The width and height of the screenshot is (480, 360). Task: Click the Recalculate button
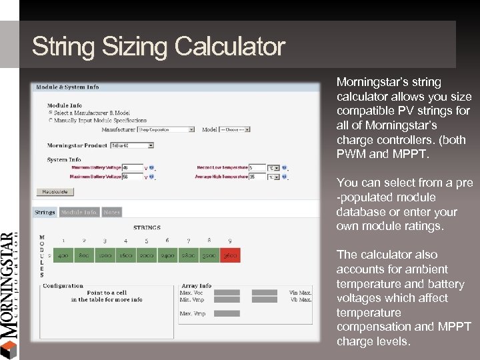click(55, 192)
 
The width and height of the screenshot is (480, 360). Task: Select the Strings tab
click(45, 213)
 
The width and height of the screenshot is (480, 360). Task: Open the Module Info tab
click(79, 213)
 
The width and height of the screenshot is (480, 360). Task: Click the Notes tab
click(112, 213)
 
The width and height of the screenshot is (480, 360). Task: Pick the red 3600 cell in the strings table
click(229, 255)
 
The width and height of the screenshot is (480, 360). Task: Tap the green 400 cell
click(63, 255)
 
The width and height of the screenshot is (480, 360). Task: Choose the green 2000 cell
click(147, 255)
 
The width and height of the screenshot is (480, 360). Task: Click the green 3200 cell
click(209, 255)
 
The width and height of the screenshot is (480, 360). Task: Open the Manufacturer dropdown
click(166, 129)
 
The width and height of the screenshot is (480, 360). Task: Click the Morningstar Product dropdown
click(132, 145)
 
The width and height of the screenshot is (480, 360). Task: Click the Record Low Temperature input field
click(257, 167)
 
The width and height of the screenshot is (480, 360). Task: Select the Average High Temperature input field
click(257, 177)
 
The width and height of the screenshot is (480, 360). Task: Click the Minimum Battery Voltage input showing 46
click(133, 168)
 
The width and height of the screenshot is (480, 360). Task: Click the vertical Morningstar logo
click(9, 293)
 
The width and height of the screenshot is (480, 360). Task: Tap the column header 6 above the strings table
click(167, 240)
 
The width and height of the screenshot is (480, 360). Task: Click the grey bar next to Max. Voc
click(227, 292)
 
